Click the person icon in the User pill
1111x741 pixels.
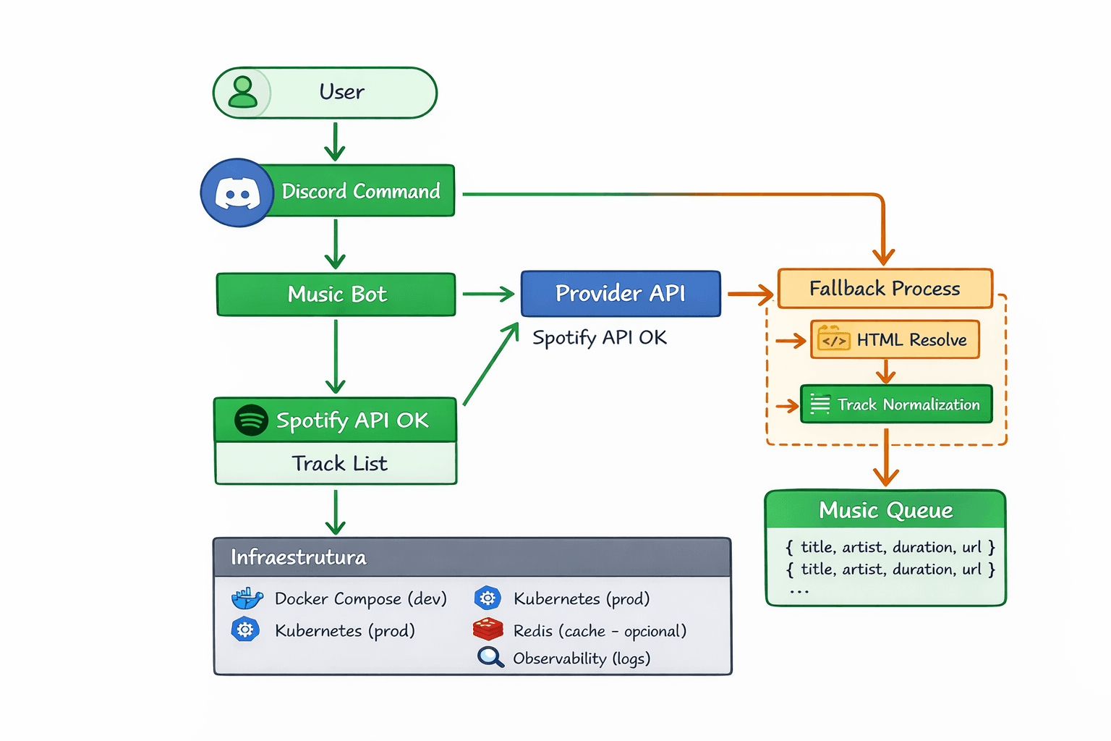tap(243, 93)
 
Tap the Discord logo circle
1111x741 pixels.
tap(237, 193)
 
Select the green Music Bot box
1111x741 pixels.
tap(336, 295)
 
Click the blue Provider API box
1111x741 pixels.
tap(621, 294)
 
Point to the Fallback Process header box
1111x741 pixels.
tap(885, 289)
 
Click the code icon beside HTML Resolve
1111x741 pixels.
tap(834, 339)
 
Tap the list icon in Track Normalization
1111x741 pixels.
tap(820, 404)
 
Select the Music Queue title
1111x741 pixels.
tap(885, 510)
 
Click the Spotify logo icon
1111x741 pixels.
tap(251, 420)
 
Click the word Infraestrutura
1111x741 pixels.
tap(298, 557)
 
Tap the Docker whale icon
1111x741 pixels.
tap(247, 598)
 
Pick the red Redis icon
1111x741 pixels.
tap(488, 630)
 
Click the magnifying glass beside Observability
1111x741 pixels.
tap(490, 657)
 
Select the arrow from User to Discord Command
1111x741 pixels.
tap(335, 142)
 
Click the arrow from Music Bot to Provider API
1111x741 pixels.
tap(488, 294)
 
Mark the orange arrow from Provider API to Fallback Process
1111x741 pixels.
tap(750, 294)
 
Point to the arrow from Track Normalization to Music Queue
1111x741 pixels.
tap(886, 458)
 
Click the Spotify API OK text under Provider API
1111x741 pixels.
tap(600, 338)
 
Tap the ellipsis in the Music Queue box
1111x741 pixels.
tap(799, 592)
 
